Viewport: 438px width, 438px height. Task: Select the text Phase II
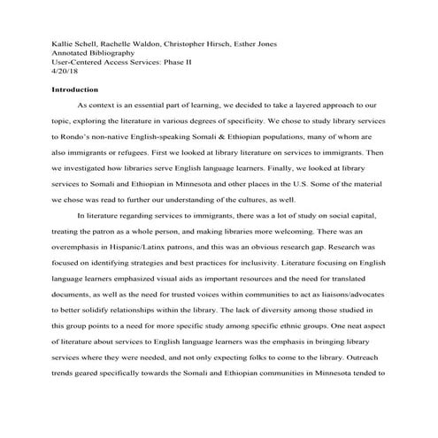point(178,65)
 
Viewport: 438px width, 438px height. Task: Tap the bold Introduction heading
point(75,90)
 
